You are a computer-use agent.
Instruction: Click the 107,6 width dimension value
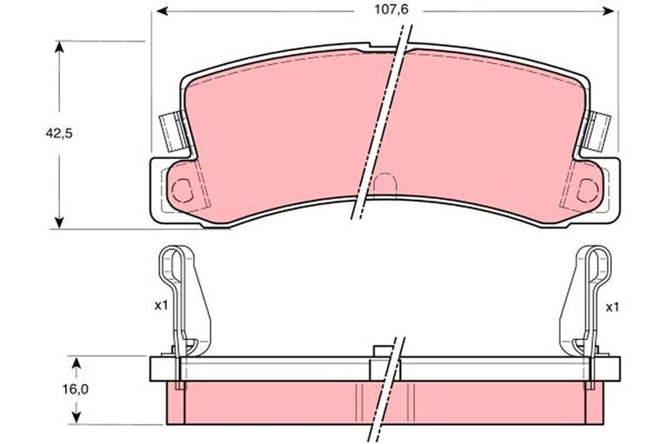391,10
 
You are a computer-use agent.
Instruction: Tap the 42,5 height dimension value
59,134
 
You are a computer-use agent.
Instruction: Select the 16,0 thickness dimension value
76,390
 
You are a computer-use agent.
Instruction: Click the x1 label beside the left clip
161,306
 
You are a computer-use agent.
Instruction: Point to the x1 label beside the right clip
612,307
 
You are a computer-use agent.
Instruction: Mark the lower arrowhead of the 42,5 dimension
59,222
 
